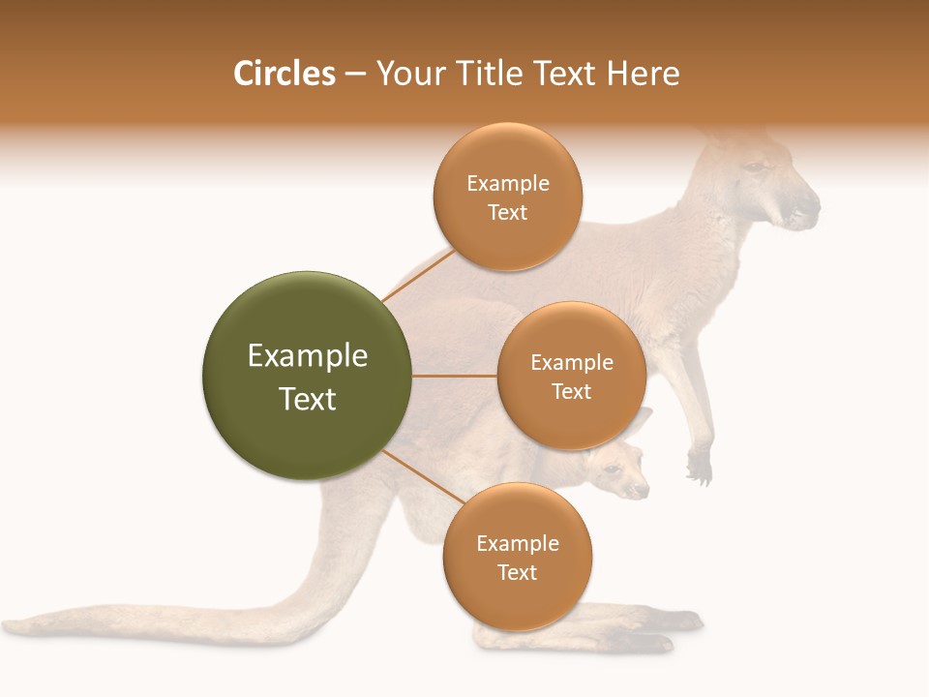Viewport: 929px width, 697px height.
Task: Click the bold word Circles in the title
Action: tap(284, 74)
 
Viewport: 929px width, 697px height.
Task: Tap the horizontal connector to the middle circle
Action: tap(455, 376)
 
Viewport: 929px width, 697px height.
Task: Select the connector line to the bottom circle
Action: tap(422, 478)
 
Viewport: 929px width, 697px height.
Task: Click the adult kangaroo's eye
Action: tap(752, 167)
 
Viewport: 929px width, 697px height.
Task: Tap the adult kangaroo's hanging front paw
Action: tap(699, 467)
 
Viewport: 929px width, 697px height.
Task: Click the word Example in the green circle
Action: tap(308, 356)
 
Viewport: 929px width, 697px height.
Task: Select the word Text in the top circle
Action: tap(507, 213)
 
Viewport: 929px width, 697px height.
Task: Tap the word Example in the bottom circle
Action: tap(517, 543)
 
